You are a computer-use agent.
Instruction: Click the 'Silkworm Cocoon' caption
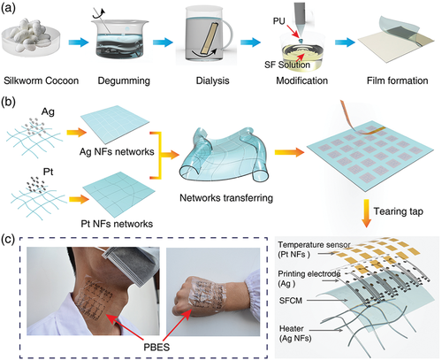point(42,80)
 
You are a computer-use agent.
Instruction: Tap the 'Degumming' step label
point(124,80)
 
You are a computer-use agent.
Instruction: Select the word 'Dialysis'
point(212,80)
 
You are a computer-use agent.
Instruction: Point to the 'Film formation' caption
point(397,80)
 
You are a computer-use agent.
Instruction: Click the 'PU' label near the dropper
point(279,21)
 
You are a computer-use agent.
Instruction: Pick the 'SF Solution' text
point(287,65)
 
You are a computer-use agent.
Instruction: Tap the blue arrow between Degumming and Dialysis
point(163,42)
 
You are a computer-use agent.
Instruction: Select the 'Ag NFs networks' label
point(117,151)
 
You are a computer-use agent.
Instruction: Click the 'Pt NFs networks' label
point(117,224)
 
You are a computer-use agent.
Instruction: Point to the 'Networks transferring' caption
point(226,197)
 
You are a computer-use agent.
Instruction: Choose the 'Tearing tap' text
point(399,211)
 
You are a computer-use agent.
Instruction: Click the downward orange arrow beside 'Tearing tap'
point(366,213)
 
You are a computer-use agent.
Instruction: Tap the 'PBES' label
point(156,347)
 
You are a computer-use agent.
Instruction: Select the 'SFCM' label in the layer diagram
point(291,301)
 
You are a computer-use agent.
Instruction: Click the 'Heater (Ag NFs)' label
point(295,333)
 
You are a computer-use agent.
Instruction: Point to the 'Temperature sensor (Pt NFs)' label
point(314,249)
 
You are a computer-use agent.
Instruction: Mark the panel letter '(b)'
point(8,103)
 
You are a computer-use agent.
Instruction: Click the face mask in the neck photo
point(130,265)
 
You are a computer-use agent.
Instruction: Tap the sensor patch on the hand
point(203,293)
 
